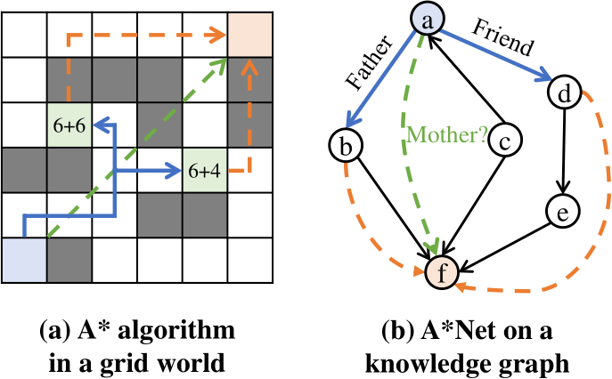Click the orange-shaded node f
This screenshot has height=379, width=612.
coord(438,266)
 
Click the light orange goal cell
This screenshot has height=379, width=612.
coord(250,35)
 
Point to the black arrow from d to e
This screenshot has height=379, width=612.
coord(562,149)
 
